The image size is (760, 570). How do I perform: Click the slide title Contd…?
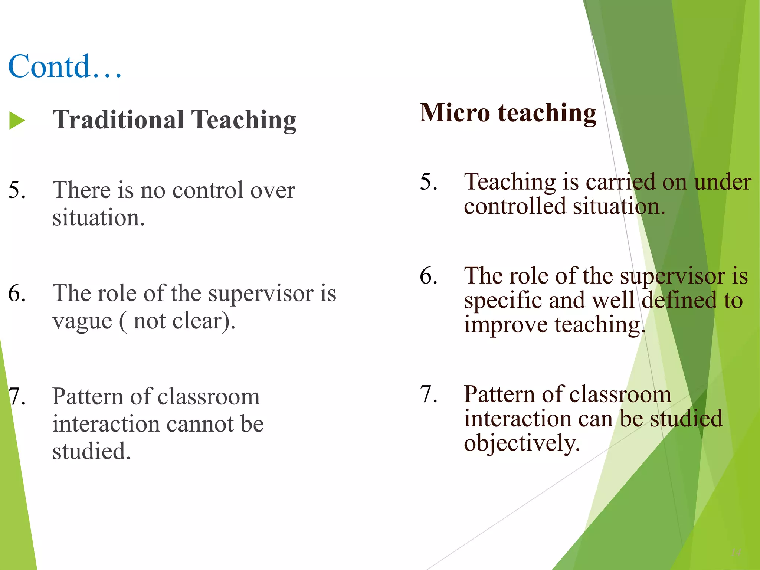[x=65, y=67]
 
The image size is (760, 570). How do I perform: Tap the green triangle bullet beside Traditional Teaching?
[x=17, y=121]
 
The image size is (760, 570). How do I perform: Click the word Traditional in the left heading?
[x=118, y=120]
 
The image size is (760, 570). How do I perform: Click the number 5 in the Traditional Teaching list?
[x=17, y=190]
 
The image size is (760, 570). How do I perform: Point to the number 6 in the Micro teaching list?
[x=429, y=276]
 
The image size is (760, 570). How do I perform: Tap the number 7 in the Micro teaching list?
[x=429, y=394]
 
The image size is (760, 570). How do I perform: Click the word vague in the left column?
[x=82, y=321]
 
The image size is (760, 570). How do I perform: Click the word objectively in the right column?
[x=521, y=444]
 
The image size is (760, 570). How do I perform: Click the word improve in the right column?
[x=505, y=325]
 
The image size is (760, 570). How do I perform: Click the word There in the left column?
[x=81, y=190]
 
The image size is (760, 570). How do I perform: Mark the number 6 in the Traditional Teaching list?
[x=17, y=294]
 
